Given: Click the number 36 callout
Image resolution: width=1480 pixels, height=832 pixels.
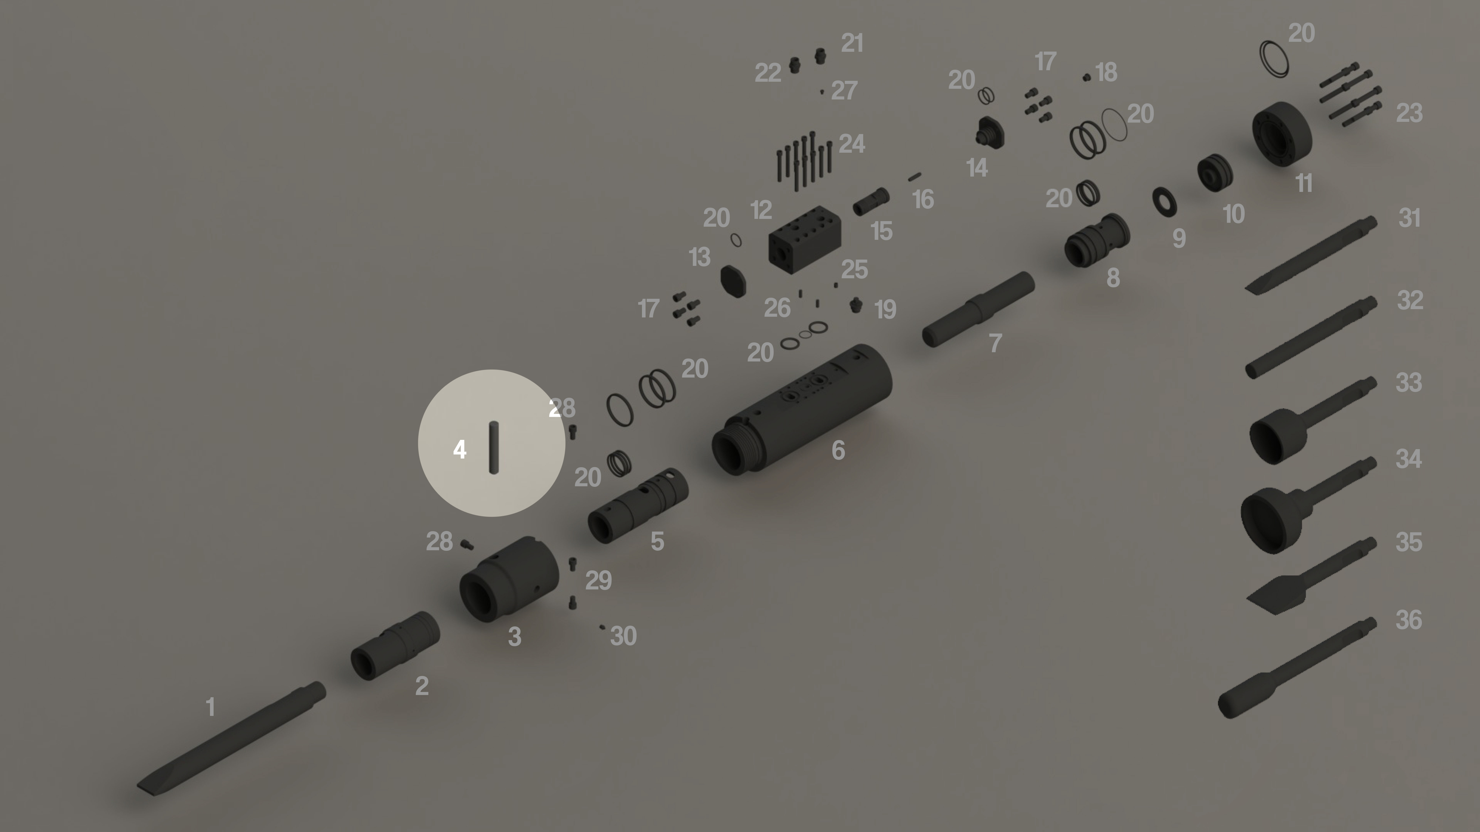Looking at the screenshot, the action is pyautogui.click(x=1408, y=620).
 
